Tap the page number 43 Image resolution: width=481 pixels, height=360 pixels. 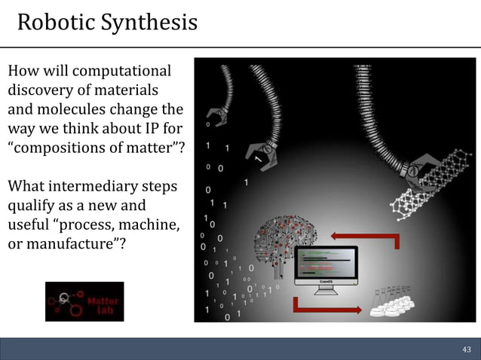coord(466,349)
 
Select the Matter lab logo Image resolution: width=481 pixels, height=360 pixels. coord(84,301)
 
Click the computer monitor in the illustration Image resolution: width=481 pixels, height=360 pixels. coord(325,267)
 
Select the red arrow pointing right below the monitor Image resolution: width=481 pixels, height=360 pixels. coord(325,306)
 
